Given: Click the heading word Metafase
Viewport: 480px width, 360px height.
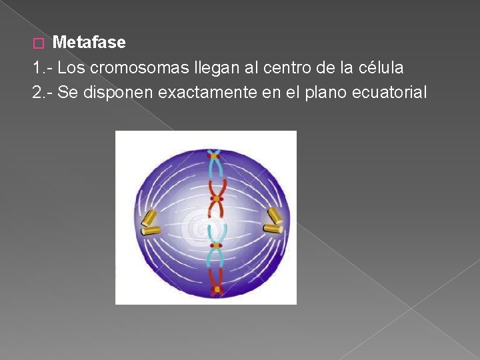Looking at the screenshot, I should point(89,43).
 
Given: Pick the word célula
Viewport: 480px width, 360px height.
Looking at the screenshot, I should point(381,67).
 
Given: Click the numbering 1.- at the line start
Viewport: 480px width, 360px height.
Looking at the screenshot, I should point(42,67).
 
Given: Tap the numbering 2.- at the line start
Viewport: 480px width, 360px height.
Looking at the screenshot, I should point(42,92).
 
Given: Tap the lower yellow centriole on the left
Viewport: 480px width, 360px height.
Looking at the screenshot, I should point(151,231).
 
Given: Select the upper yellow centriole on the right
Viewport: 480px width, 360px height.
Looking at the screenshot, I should point(273,215).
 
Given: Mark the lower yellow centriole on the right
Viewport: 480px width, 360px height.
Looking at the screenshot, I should point(273,229).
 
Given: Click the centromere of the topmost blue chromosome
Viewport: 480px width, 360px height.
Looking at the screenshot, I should point(215,156).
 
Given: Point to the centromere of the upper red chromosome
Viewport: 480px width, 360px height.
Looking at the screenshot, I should point(216,199).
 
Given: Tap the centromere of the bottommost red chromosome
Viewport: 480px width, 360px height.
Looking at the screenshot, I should point(217,289).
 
